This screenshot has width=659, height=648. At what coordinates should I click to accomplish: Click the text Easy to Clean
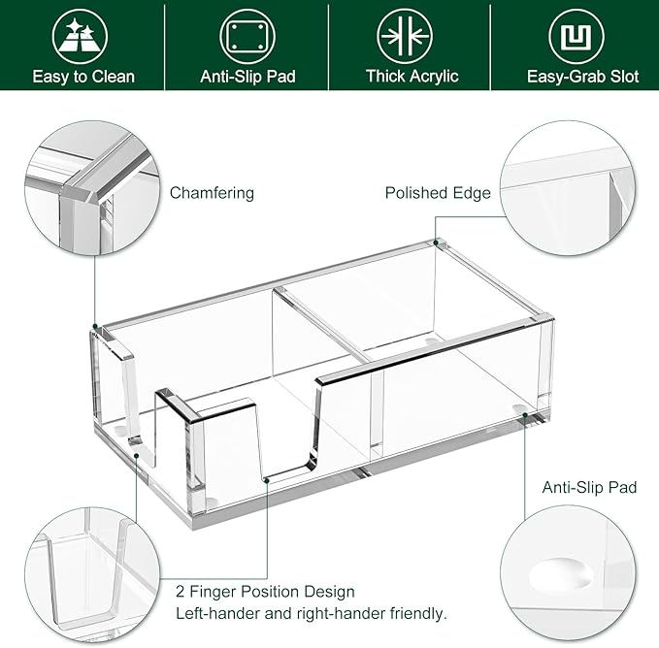[x=82, y=77]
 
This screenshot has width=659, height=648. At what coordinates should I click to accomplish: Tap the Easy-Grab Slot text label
[x=582, y=77]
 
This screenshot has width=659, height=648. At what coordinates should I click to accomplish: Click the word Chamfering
[x=212, y=193]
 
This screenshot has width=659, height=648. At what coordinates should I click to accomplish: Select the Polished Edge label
[x=438, y=193]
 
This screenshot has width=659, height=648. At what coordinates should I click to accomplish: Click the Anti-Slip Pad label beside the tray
[x=589, y=488]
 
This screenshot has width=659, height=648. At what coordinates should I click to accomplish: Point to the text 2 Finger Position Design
[x=265, y=591]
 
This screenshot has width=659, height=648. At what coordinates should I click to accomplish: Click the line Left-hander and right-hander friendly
[x=311, y=613]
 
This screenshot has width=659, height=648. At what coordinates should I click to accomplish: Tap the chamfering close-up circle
[x=91, y=186]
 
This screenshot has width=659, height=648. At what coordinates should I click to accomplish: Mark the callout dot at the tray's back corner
[x=437, y=242]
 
